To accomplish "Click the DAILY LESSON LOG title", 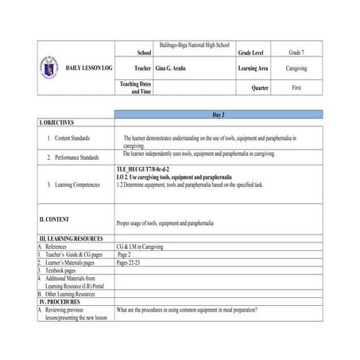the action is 89,68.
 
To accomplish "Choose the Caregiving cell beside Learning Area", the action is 296,69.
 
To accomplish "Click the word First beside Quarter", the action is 296,87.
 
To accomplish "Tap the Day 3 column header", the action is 219,115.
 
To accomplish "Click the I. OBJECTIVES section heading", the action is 56,123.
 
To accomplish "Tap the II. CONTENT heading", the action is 54,219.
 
